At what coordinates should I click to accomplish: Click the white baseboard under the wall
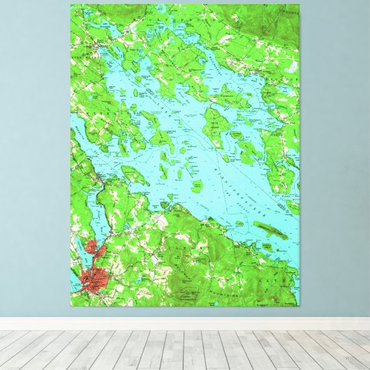(185, 324)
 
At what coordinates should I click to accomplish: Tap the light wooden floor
(185, 349)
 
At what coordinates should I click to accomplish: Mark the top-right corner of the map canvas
(299, 5)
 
